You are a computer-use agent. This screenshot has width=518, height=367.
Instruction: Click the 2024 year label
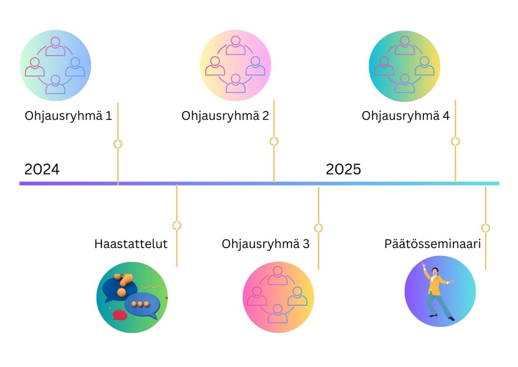pyautogui.click(x=42, y=169)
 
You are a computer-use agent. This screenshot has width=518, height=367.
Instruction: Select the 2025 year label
pyautogui.click(x=343, y=169)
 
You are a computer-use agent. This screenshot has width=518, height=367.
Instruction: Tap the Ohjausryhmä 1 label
pyautogui.click(x=68, y=116)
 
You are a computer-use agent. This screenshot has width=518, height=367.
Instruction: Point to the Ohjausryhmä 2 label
pyautogui.click(x=225, y=116)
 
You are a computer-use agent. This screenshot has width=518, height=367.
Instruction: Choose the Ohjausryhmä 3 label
pyautogui.click(x=266, y=244)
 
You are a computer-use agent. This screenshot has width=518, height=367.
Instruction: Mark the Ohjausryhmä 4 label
pyautogui.click(x=406, y=116)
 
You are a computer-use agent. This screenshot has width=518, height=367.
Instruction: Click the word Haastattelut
pyautogui.click(x=131, y=244)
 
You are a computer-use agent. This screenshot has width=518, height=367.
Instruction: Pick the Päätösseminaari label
pyautogui.click(x=432, y=244)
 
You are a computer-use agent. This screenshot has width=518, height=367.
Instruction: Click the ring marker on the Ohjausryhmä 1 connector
pyautogui.click(x=118, y=144)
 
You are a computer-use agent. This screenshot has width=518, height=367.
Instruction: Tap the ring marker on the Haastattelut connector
pyautogui.click(x=177, y=225)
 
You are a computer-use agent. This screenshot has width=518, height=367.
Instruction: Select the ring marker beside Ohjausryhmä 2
pyautogui.click(x=274, y=142)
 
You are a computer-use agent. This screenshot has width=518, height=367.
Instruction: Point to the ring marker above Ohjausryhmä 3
pyautogui.click(x=318, y=228)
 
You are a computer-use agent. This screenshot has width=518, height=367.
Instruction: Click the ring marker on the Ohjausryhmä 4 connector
pyautogui.click(x=455, y=142)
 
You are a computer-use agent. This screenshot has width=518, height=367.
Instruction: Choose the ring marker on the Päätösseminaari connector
pyautogui.click(x=486, y=228)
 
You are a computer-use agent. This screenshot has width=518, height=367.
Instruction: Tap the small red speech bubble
pyautogui.click(x=120, y=315)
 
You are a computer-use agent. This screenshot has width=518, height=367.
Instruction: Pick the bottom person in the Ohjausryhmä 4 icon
pyautogui.click(x=404, y=84)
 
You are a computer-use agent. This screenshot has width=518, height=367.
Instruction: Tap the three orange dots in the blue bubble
pyautogui.click(x=140, y=304)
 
